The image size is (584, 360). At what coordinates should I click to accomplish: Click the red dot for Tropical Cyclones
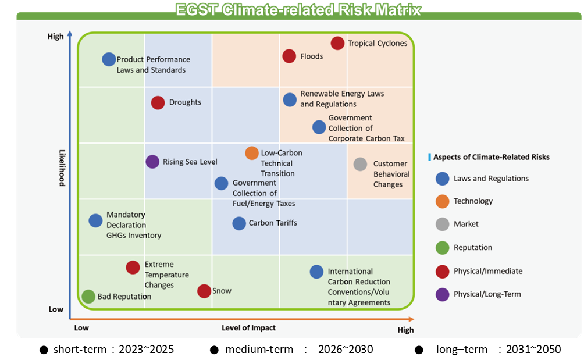tap(337, 43)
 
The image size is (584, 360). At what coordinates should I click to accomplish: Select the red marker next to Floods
tap(289, 56)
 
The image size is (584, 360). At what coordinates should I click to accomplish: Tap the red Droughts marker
tap(158, 103)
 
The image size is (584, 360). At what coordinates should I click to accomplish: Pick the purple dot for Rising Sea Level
tap(152, 162)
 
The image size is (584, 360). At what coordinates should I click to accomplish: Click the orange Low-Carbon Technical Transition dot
tap(252, 153)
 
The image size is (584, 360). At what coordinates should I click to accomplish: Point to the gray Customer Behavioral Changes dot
tap(360, 164)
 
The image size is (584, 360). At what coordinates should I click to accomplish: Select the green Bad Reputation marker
tap(88, 297)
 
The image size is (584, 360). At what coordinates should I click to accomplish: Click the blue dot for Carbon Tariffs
tap(239, 223)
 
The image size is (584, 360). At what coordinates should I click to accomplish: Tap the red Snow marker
tap(204, 291)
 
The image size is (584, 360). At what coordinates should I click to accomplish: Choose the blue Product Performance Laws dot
tap(109, 59)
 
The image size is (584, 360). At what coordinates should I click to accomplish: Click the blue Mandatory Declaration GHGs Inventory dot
tap(96, 221)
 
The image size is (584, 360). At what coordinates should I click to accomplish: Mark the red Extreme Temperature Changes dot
tap(133, 268)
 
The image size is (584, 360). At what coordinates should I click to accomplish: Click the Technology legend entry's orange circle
tap(443, 201)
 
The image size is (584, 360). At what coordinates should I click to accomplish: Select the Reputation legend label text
tap(473, 248)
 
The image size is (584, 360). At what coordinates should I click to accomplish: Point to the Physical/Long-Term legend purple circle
tap(443, 294)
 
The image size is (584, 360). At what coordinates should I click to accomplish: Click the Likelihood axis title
tap(62, 168)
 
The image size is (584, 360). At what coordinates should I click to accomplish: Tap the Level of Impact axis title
tap(248, 327)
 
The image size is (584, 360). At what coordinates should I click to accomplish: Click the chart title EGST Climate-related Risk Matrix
tap(298, 10)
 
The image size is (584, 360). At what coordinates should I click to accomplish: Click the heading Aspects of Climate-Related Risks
tap(492, 157)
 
